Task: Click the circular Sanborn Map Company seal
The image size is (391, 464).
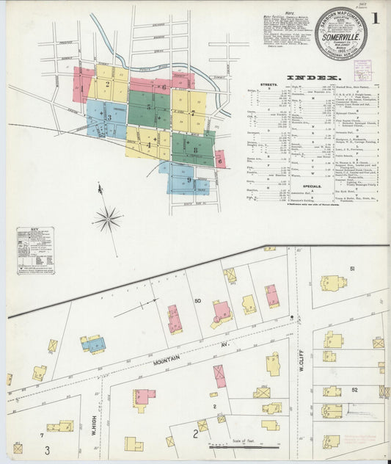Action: [x=341, y=34]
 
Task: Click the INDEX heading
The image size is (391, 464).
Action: [x=313, y=78]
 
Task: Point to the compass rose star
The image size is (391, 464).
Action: [x=108, y=218]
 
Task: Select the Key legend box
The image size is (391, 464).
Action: [x=35, y=250]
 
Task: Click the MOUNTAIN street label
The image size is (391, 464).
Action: [x=168, y=359]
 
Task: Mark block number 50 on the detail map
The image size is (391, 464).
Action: [x=197, y=302]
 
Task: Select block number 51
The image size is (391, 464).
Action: [x=352, y=269]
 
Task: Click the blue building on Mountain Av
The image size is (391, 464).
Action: [x=93, y=344]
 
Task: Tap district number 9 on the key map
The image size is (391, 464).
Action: [x=189, y=179]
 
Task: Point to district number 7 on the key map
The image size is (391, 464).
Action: [x=191, y=114]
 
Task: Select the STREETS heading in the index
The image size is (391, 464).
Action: [x=269, y=85]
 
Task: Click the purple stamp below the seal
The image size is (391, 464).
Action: [x=362, y=70]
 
